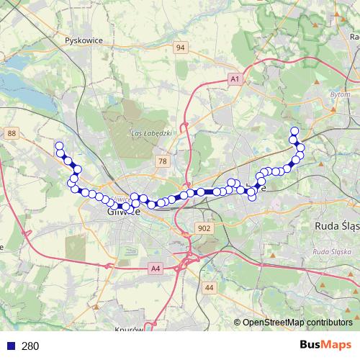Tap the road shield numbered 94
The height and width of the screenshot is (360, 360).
point(180,48)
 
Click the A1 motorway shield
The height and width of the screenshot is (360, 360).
point(234,78)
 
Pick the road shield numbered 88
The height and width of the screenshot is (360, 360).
point(11,133)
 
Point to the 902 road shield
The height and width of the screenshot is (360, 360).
point(204,228)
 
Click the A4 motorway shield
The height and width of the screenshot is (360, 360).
point(156,269)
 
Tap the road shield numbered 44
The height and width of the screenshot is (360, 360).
point(210,287)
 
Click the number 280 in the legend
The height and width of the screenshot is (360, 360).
point(30,346)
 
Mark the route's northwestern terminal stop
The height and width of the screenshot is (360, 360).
point(59,146)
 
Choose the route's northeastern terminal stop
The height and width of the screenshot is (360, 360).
point(294,131)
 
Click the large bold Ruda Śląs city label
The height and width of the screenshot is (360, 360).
point(337,225)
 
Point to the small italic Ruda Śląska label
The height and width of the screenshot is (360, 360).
point(331,252)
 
